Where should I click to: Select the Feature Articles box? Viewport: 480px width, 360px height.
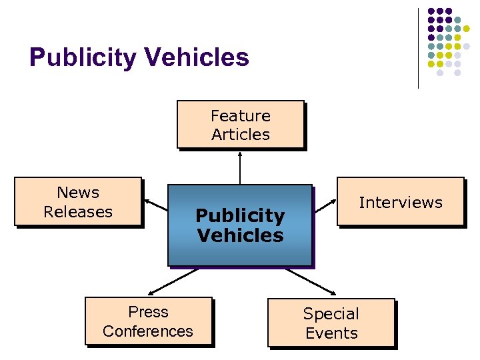tap(240, 125)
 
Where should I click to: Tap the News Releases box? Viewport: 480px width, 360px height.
tap(78, 202)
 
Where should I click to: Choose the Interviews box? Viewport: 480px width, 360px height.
tap(400, 202)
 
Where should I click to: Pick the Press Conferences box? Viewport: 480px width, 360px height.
tap(148, 321)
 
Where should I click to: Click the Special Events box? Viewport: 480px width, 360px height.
tap(331, 323)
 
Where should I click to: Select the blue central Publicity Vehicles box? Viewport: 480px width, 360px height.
tap(240, 225)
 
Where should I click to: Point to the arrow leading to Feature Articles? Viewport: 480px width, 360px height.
tap(240, 167)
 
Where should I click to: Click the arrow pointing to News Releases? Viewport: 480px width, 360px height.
tap(155, 205)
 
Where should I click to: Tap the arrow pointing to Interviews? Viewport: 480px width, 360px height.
tap(325, 205)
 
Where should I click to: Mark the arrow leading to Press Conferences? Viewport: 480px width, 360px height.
tap(173, 281)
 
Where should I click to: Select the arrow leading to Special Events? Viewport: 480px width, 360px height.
tap(310, 281)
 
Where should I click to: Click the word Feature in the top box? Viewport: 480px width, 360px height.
tap(241, 116)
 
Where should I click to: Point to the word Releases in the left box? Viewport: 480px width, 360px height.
tap(78, 212)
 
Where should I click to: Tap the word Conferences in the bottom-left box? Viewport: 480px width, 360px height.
tap(148, 331)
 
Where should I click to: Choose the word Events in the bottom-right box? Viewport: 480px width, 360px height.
tap(331, 333)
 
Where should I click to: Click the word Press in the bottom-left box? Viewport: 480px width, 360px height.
tap(149, 312)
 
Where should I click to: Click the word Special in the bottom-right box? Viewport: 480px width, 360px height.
tap(331, 313)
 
